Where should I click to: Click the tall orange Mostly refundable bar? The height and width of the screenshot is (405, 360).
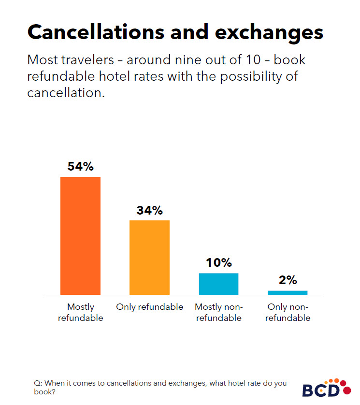pyautogui.click(x=80, y=235)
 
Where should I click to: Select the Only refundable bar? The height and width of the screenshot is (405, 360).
pyautogui.click(x=149, y=257)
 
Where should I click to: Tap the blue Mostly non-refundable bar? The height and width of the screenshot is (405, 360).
pyautogui.click(x=218, y=284)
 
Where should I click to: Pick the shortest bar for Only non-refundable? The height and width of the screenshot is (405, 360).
pyautogui.click(x=288, y=292)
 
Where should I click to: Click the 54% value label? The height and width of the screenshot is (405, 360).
pyautogui.click(x=80, y=167)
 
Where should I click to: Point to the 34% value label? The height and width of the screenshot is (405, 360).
pyautogui.click(x=149, y=211)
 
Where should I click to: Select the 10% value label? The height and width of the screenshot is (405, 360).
pyautogui.click(x=218, y=263)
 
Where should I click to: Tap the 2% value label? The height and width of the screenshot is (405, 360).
pyautogui.click(x=288, y=280)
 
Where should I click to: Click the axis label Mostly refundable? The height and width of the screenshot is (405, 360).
pyautogui.click(x=80, y=312)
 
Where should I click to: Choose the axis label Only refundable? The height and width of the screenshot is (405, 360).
pyautogui.click(x=149, y=307)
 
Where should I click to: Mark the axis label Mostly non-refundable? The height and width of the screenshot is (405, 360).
pyautogui.click(x=218, y=312)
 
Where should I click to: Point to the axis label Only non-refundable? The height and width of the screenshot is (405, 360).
pyautogui.click(x=288, y=312)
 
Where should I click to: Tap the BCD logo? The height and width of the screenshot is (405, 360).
pyautogui.click(x=326, y=388)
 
